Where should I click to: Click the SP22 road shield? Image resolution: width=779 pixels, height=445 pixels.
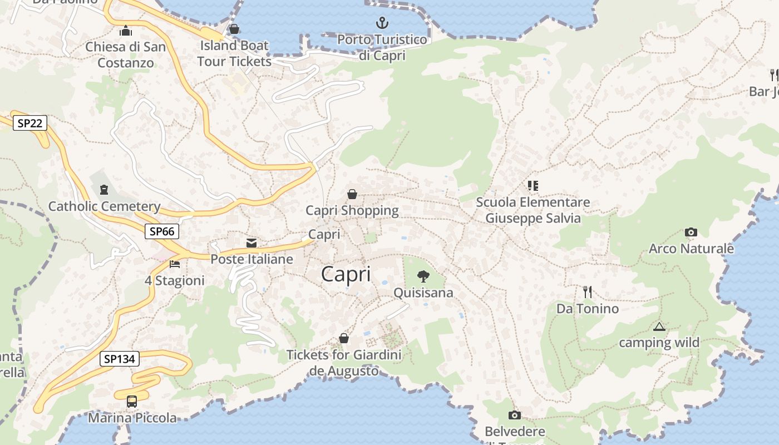click(30, 123)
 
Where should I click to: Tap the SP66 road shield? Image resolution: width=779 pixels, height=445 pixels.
click(162, 231)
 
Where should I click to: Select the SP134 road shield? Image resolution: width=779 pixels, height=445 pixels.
click(120, 359)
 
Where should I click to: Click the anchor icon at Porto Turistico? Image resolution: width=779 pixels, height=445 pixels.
click(382, 23)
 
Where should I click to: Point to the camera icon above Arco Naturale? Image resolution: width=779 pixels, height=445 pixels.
click(691, 232)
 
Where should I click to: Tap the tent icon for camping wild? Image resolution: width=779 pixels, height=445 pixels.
click(659, 327)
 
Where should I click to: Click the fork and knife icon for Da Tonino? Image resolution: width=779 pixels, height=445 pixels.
click(587, 291)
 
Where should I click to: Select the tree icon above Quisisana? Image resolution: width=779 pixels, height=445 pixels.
click(423, 276)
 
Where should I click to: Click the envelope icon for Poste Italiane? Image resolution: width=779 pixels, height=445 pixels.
click(252, 243)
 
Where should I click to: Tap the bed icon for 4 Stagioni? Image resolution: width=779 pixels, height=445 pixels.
click(175, 264)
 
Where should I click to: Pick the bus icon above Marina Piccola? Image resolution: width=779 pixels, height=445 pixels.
click(132, 401)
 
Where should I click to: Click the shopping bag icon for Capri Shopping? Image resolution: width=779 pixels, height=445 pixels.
click(352, 194)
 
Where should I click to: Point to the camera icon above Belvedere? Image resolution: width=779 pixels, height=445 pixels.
click(515, 415)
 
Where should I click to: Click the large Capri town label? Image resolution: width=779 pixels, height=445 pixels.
click(346, 274)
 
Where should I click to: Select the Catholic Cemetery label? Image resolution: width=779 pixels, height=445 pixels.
click(105, 207)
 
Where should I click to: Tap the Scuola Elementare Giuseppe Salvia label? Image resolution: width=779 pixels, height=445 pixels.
click(533, 210)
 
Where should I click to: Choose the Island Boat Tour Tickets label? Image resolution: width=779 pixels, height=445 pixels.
click(234, 53)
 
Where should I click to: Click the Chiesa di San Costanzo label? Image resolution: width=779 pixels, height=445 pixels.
click(126, 55)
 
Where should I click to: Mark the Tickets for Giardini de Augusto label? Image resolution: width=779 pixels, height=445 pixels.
click(344, 363)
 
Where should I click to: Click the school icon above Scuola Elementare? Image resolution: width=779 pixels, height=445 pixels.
click(533, 185)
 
